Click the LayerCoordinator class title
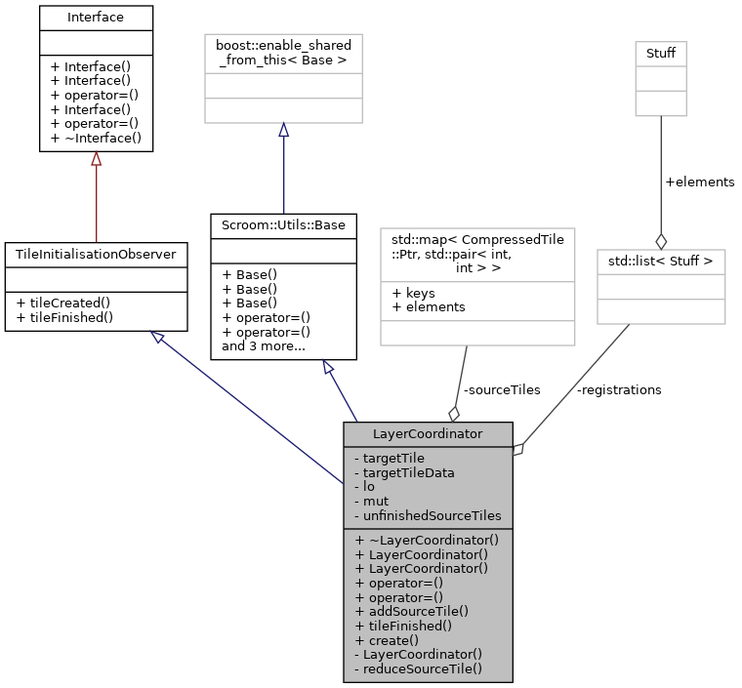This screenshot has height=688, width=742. click(427, 432)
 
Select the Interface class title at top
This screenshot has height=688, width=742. click(96, 17)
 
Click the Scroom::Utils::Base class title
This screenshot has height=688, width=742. click(283, 224)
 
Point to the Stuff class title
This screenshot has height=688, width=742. click(661, 52)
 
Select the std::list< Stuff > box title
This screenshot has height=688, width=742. click(661, 261)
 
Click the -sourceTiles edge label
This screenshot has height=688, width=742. click(503, 389)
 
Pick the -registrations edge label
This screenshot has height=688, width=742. click(619, 389)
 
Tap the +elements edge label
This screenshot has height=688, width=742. click(699, 182)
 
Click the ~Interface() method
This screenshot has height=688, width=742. click(96, 138)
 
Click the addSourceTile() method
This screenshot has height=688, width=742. click(412, 611)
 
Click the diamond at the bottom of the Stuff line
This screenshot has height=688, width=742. click(661, 240)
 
